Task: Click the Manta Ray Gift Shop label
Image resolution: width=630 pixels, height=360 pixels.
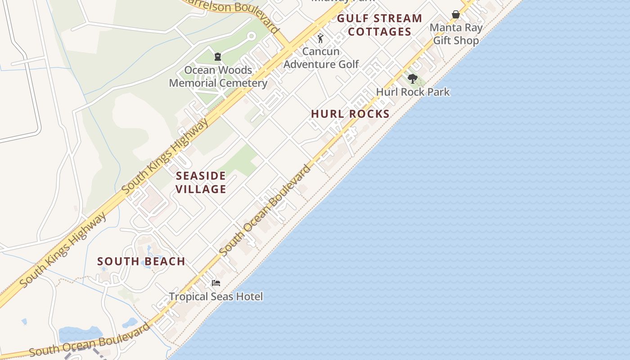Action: [x=456, y=34]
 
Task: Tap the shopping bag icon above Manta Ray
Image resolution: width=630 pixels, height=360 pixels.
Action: [x=456, y=14]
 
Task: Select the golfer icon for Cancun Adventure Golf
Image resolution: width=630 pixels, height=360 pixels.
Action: [x=320, y=38]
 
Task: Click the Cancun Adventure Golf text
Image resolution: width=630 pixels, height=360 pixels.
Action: [x=321, y=58]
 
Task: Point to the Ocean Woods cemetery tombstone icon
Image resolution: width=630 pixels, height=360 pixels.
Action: [x=218, y=57]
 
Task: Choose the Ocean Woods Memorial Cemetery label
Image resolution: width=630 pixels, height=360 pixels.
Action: [x=218, y=77]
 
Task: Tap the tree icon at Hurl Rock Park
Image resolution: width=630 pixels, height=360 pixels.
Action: [x=412, y=79]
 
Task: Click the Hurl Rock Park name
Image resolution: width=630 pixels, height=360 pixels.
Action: [x=413, y=92]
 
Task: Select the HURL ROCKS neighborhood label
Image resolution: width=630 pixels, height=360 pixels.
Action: [x=350, y=114]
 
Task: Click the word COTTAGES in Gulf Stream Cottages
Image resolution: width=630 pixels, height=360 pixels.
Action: [x=379, y=31]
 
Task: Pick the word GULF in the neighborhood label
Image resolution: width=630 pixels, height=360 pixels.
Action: [x=352, y=18]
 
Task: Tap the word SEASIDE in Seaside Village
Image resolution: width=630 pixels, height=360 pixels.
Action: [x=201, y=175]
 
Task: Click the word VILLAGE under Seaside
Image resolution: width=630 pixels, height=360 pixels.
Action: [x=201, y=189]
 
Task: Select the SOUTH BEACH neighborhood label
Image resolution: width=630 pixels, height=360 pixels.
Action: [x=141, y=261]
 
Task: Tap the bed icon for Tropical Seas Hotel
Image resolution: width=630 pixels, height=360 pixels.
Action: [x=216, y=283]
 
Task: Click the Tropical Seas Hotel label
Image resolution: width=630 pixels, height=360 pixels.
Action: [x=216, y=297]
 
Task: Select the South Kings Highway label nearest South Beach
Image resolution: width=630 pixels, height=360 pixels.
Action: [x=63, y=250]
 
